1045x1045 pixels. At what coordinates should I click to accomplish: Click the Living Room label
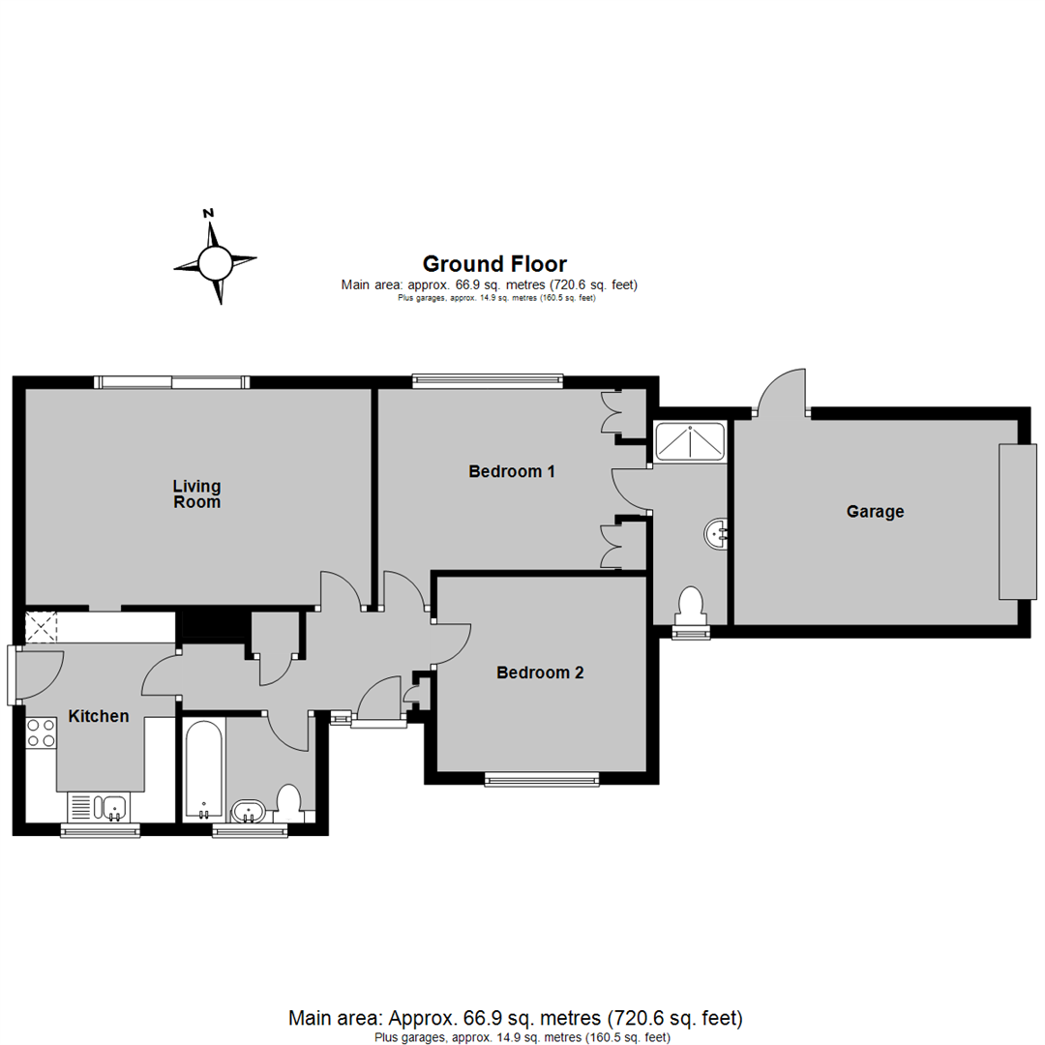click(196, 493)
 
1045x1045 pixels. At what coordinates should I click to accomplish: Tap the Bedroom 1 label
click(512, 471)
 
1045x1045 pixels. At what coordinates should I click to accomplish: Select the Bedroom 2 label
click(540, 672)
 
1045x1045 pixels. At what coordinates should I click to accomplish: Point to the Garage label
click(875, 511)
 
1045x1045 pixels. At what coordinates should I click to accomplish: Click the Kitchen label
click(99, 716)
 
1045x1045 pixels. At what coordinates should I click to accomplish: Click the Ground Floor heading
click(494, 264)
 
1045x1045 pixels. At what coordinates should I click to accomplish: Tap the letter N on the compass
click(209, 213)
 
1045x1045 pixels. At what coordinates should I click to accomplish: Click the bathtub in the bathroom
click(203, 770)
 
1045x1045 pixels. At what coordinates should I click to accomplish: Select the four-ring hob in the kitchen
click(41, 732)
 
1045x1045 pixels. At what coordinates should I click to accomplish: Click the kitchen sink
click(100, 807)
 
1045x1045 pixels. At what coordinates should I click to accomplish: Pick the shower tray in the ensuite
click(690, 441)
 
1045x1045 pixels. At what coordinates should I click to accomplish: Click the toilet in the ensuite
click(691, 607)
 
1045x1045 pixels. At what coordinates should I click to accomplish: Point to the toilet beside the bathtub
click(289, 802)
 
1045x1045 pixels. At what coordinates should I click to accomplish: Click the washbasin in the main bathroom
click(250, 811)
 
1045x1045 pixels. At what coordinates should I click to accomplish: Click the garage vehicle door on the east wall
click(1018, 522)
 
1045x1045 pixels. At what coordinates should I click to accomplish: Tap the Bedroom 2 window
click(542, 778)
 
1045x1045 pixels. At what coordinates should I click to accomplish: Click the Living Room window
click(172, 382)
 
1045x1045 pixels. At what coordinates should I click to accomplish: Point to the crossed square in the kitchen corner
click(42, 627)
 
